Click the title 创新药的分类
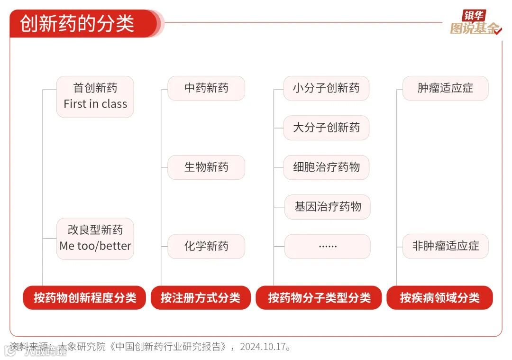[x=77, y=23]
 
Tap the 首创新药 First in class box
[x=95, y=96]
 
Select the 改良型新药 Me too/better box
[x=95, y=238]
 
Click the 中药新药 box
[x=206, y=88]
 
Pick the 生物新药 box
[x=206, y=167]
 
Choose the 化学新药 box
[x=206, y=246]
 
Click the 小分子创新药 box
[x=326, y=88]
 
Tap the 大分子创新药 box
[x=326, y=128]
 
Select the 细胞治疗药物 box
[x=326, y=167]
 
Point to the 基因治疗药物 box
[x=327, y=207]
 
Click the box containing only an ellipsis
[x=327, y=246]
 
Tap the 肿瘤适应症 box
[x=445, y=88]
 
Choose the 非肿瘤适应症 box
[x=445, y=246]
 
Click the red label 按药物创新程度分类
[x=84, y=298]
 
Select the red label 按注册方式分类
[x=201, y=298]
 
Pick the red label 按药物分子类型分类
[x=319, y=298]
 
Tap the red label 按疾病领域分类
[x=439, y=298]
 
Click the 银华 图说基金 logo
[x=475, y=23]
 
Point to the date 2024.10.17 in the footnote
[x=263, y=346]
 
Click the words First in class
[x=95, y=104]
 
